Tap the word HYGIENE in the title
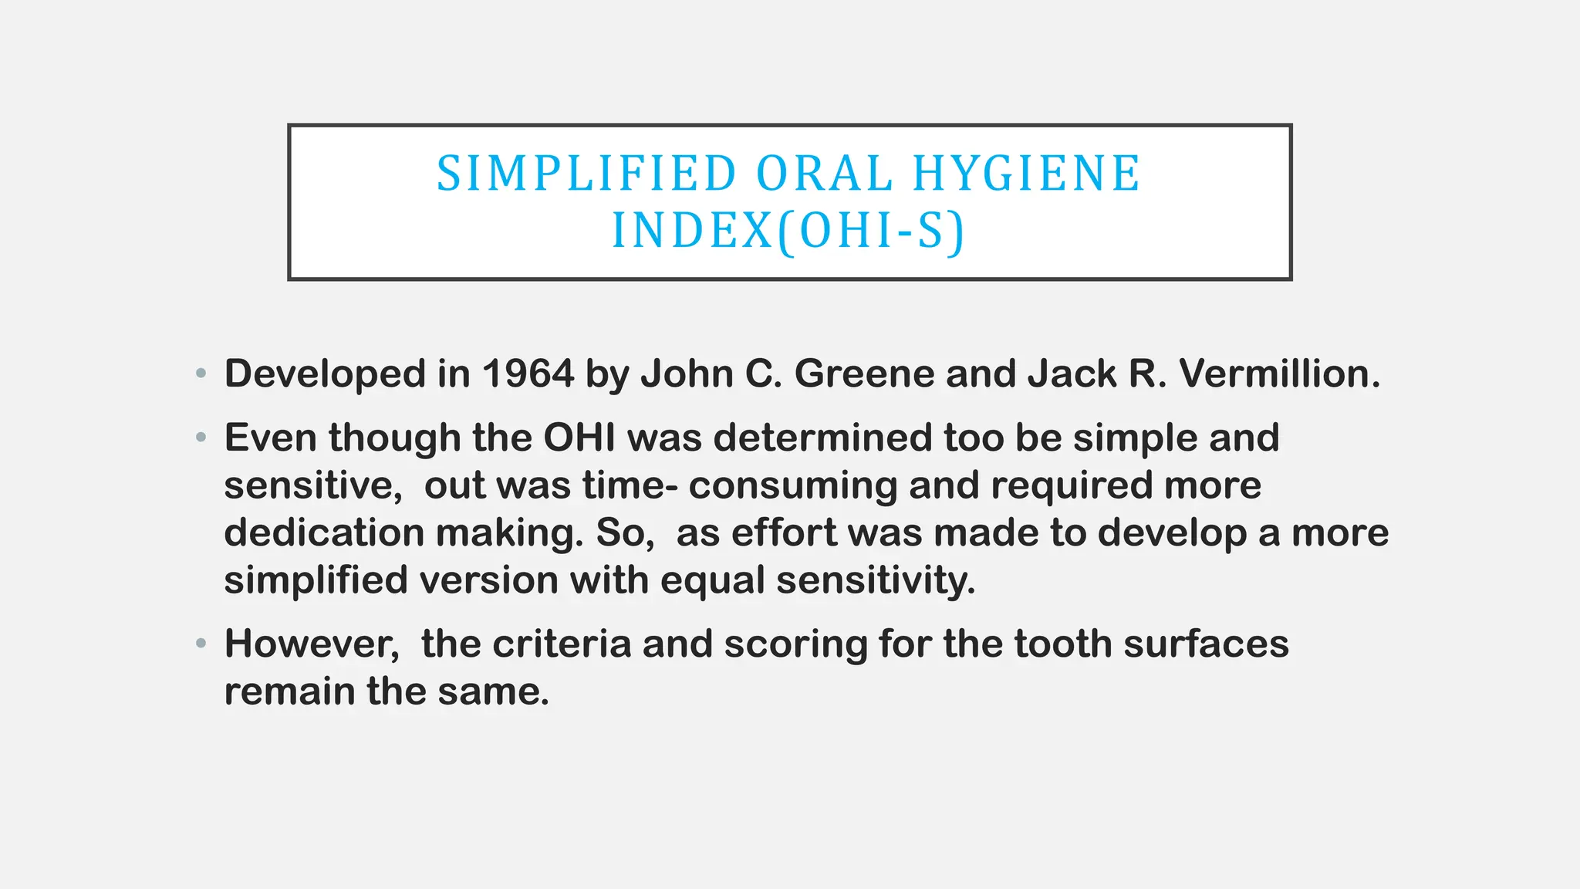pos(1026,174)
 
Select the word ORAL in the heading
pos(825,174)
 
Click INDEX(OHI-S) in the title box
pos(788,231)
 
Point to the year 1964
pos(528,374)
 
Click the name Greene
pos(865,374)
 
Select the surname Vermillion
pos(1279,374)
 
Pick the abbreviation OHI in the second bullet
pos(579,438)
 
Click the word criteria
pos(562,644)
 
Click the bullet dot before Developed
pos(201,374)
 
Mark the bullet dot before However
pos(201,643)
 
